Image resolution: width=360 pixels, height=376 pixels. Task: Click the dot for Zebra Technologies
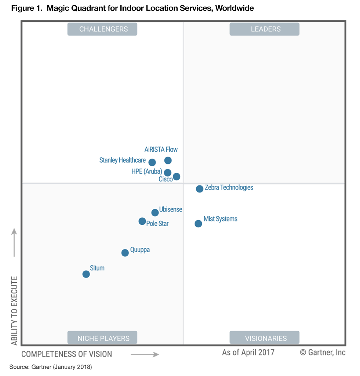click(x=200, y=189)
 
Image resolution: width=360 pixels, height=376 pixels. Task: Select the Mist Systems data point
click(x=198, y=224)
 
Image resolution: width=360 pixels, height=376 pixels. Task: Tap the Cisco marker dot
click(x=177, y=177)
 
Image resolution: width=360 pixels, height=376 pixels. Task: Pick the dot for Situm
click(x=86, y=274)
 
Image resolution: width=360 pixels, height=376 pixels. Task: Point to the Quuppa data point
click(x=125, y=253)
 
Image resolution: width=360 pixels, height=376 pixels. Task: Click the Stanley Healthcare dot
click(x=152, y=162)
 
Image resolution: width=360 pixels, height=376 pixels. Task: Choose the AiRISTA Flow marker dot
click(x=168, y=160)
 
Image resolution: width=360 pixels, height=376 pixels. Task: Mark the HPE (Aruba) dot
click(x=167, y=173)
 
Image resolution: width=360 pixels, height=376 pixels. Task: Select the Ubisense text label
click(x=171, y=209)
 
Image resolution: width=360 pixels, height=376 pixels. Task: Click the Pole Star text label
click(x=157, y=223)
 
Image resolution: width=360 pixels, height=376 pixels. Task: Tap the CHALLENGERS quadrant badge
click(x=102, y=29)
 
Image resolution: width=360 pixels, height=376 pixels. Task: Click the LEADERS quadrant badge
click(x=264, y=29)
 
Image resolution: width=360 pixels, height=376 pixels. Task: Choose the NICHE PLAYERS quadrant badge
click(x=102, y=338)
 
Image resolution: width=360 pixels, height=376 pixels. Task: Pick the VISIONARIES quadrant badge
click(x=264, y=338)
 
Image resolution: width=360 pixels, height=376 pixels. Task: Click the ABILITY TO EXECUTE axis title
click(x=14, y=310)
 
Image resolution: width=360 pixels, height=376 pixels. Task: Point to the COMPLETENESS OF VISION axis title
click(x=66, y=354)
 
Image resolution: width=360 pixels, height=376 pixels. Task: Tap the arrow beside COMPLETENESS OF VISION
click(x=145, y=355)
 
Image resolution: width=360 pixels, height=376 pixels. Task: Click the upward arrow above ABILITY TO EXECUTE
click(x=14, y=242)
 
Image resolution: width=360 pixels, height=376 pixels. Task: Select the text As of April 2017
click(x=248, y=352)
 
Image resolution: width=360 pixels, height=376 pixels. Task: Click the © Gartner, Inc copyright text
click(x=323, y=352)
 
